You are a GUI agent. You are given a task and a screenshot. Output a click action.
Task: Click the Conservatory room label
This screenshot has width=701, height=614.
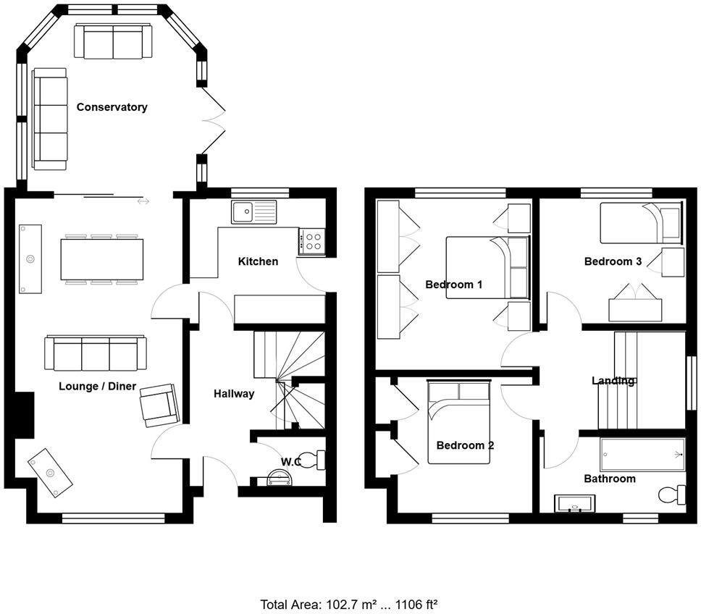(112, 107)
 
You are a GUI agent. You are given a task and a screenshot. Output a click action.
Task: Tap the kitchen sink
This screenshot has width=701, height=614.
(253, 212)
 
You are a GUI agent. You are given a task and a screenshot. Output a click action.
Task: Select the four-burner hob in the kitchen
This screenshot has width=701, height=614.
(313, 240)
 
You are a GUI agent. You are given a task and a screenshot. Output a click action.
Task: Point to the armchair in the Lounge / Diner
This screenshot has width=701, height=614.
(159, 404)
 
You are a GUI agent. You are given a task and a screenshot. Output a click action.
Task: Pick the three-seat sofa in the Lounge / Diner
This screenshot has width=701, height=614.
(95, 353)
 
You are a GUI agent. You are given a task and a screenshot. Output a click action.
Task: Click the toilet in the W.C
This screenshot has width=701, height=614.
(311, 459)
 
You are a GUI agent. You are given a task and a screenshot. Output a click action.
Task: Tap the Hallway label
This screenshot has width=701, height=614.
(234, 394)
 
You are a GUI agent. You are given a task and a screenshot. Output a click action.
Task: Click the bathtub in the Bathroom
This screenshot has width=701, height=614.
(642, 455)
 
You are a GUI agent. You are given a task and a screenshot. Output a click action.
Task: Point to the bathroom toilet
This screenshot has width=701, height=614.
(671, 494)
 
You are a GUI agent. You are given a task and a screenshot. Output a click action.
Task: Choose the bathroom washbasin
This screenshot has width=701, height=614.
(574, 503)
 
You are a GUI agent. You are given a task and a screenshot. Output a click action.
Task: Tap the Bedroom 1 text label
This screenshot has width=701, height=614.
(453, 285)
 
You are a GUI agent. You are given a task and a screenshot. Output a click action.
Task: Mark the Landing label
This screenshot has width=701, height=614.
(613, 381)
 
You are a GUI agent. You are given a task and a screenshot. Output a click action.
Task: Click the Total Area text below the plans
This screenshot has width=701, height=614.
(350, 603)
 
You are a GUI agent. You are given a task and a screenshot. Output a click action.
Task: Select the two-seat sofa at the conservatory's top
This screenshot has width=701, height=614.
(113, 41)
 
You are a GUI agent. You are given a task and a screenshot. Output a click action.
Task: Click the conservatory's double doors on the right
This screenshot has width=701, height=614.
(214, 121)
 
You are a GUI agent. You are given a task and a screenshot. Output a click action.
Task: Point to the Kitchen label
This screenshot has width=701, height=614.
(258, 261)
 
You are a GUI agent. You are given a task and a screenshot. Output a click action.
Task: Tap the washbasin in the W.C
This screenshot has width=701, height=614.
(277, 477)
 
